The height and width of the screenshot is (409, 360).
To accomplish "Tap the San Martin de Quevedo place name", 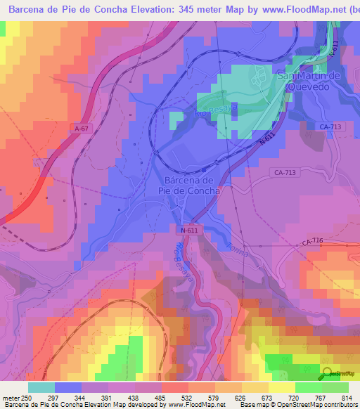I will click(310, 82).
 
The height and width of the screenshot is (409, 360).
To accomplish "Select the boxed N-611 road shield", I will click(188, 231).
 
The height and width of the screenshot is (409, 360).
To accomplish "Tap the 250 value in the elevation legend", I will click(27, 397).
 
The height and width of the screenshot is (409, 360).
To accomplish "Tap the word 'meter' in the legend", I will click(11, 397).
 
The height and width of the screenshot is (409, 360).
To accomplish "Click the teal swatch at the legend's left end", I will click(41, 387).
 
